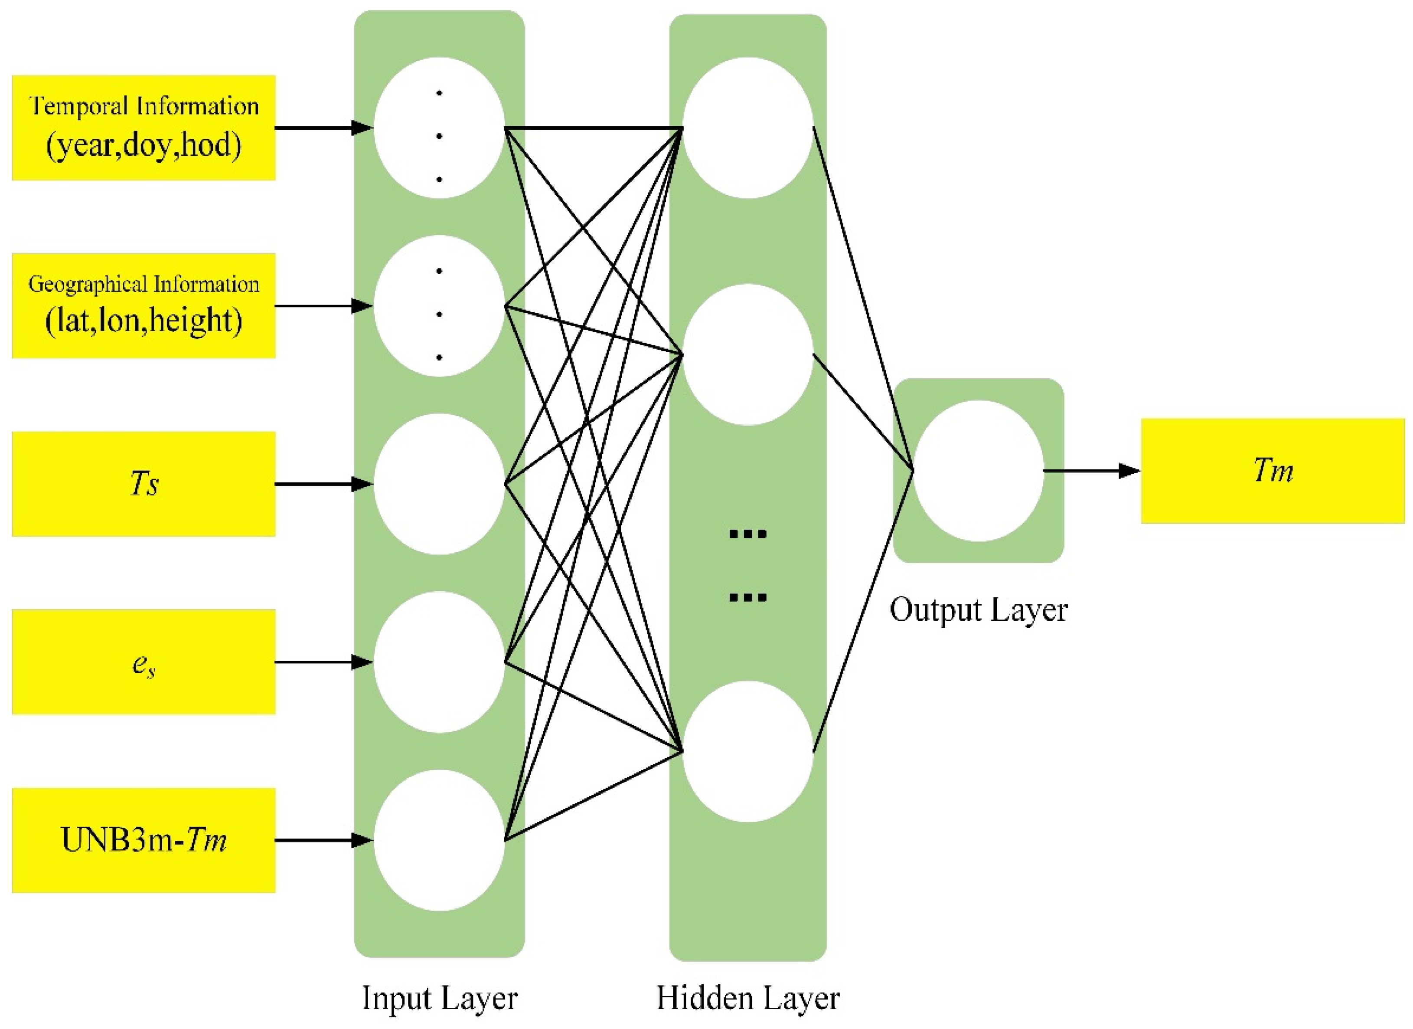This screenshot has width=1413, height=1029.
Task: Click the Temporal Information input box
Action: click(x=143, y=128)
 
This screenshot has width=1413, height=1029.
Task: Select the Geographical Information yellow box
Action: click(x=143, y=305)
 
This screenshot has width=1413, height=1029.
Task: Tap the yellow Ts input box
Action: click(x=143, y=484)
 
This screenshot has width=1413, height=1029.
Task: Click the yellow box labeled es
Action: click(x=143, y=662)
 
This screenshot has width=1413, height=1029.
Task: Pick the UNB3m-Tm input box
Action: click(x=143, y=840)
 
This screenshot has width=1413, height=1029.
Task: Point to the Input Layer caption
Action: click(x=439, y=998)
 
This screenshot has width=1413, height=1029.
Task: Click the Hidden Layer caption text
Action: click(x=747, y=998)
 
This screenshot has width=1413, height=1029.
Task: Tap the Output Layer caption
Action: click(x=978, y=610)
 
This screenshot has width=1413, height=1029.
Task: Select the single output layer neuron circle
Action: click(x=978, y=471)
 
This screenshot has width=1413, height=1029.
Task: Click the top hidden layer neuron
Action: click(x=747, y=128)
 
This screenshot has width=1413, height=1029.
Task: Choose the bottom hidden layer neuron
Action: click(x=747, y=751)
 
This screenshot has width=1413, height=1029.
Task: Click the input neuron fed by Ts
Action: click(x=439, y=484)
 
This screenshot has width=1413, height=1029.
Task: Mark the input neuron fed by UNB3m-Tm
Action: click(x=439, y=840)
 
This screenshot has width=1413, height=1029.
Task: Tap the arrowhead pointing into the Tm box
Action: click(x=1129, y=471)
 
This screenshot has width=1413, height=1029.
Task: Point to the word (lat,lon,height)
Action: click(x=143, y=320)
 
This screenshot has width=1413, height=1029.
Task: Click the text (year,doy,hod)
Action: click(x=143, y=144)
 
